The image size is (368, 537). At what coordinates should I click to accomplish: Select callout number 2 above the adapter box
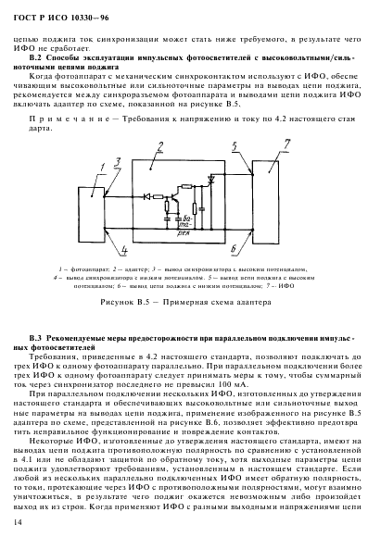coord(161,146)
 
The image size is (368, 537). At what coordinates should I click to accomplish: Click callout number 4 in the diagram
coord(122,249)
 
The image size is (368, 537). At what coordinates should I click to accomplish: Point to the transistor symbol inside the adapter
coord(173,198)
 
